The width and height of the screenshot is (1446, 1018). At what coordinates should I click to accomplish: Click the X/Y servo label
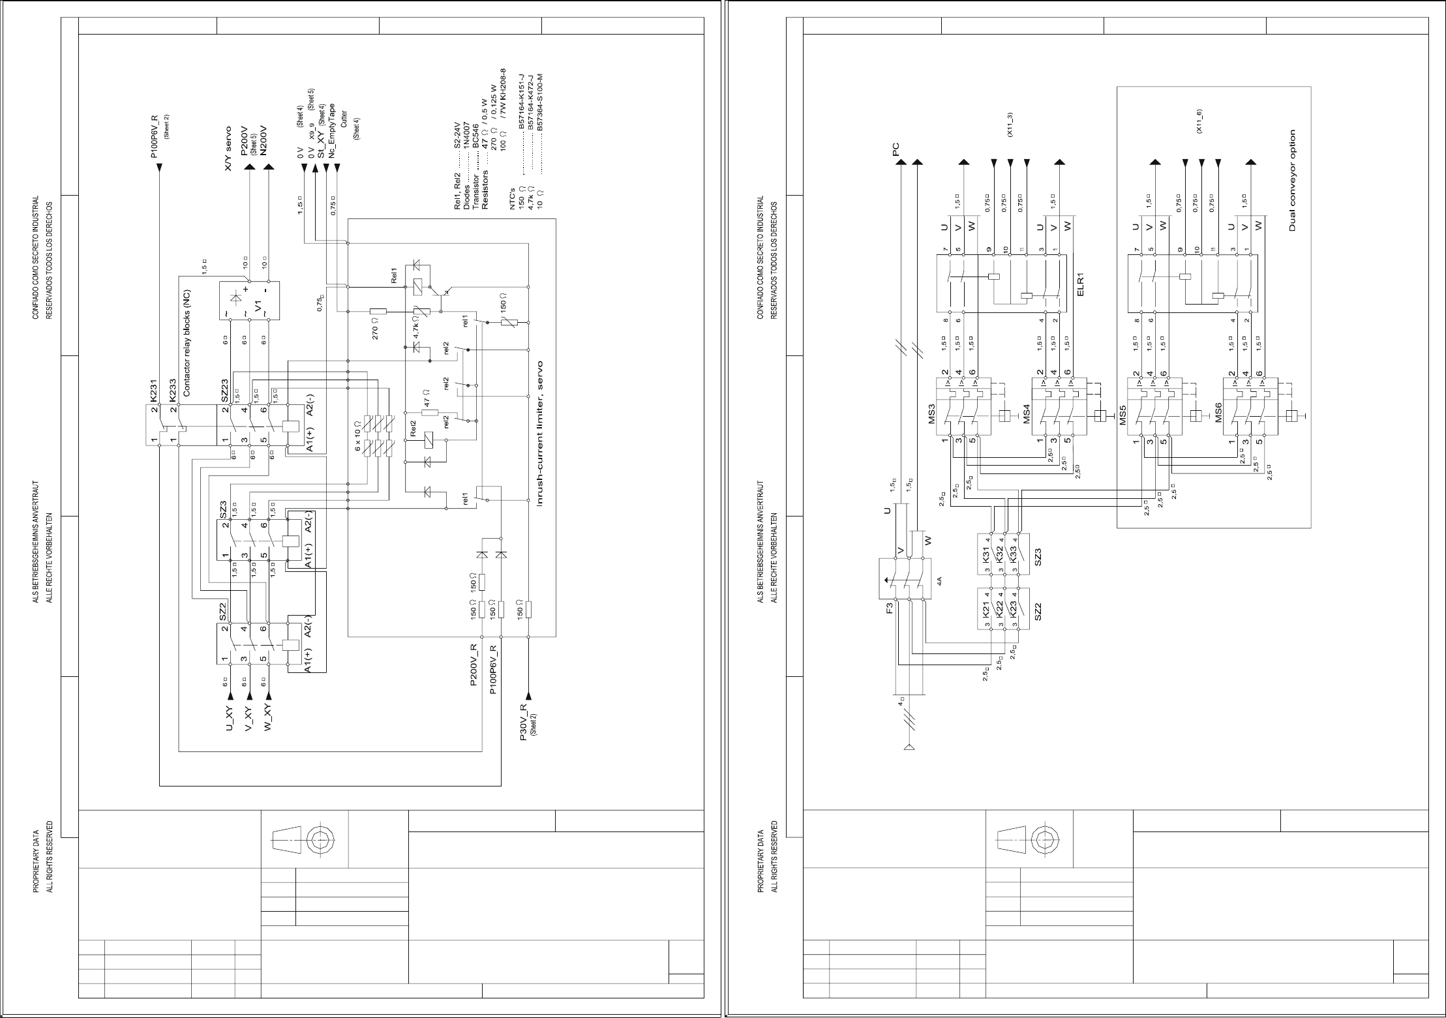point(228,149)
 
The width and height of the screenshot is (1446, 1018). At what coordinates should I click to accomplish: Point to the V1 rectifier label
point(259,306)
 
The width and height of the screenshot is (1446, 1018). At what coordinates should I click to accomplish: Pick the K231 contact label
point(154,391)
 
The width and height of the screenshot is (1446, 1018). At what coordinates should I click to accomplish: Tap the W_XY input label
point(267,718)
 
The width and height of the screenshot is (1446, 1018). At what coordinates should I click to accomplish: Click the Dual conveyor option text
point(1292,180)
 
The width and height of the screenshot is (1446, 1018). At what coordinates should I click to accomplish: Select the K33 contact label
point(1013,554)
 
